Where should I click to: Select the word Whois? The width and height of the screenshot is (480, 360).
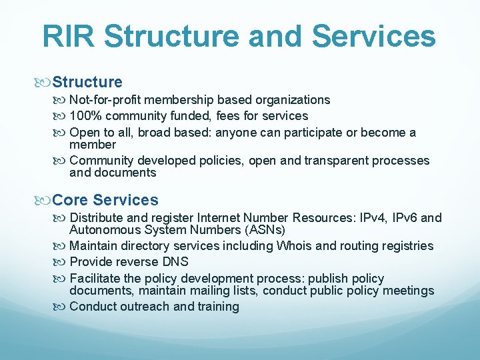[x=294, y=246]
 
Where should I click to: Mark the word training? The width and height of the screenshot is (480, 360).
[x=217, y=307]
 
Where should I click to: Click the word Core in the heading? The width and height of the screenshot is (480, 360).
[x=71, y=200]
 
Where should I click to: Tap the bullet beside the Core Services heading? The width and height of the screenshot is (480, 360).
[x=45, y=200]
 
